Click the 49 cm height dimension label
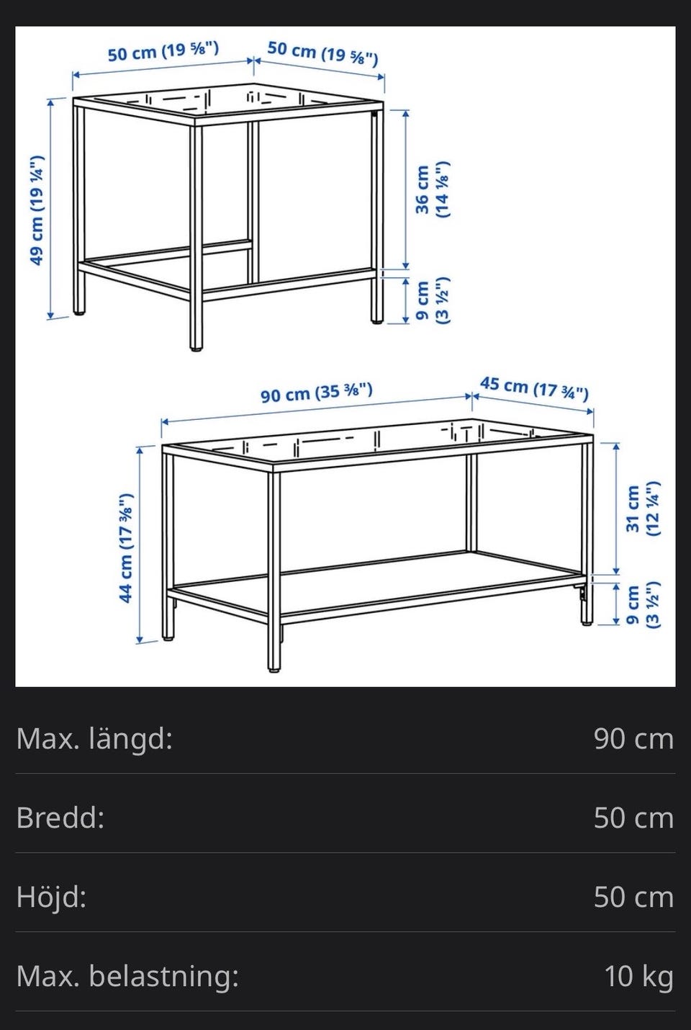[37, 210]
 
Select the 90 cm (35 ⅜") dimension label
[317, 393]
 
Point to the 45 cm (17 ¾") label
[534, 389]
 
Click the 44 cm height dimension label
[127, 547]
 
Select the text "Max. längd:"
[94, 738]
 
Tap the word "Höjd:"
[51, 897]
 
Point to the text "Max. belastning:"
[127, 976]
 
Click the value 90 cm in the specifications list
[634, 739]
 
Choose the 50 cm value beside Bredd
[634, 818]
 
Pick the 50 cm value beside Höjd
[634, 897]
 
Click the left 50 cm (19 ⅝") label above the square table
[163, 51]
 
